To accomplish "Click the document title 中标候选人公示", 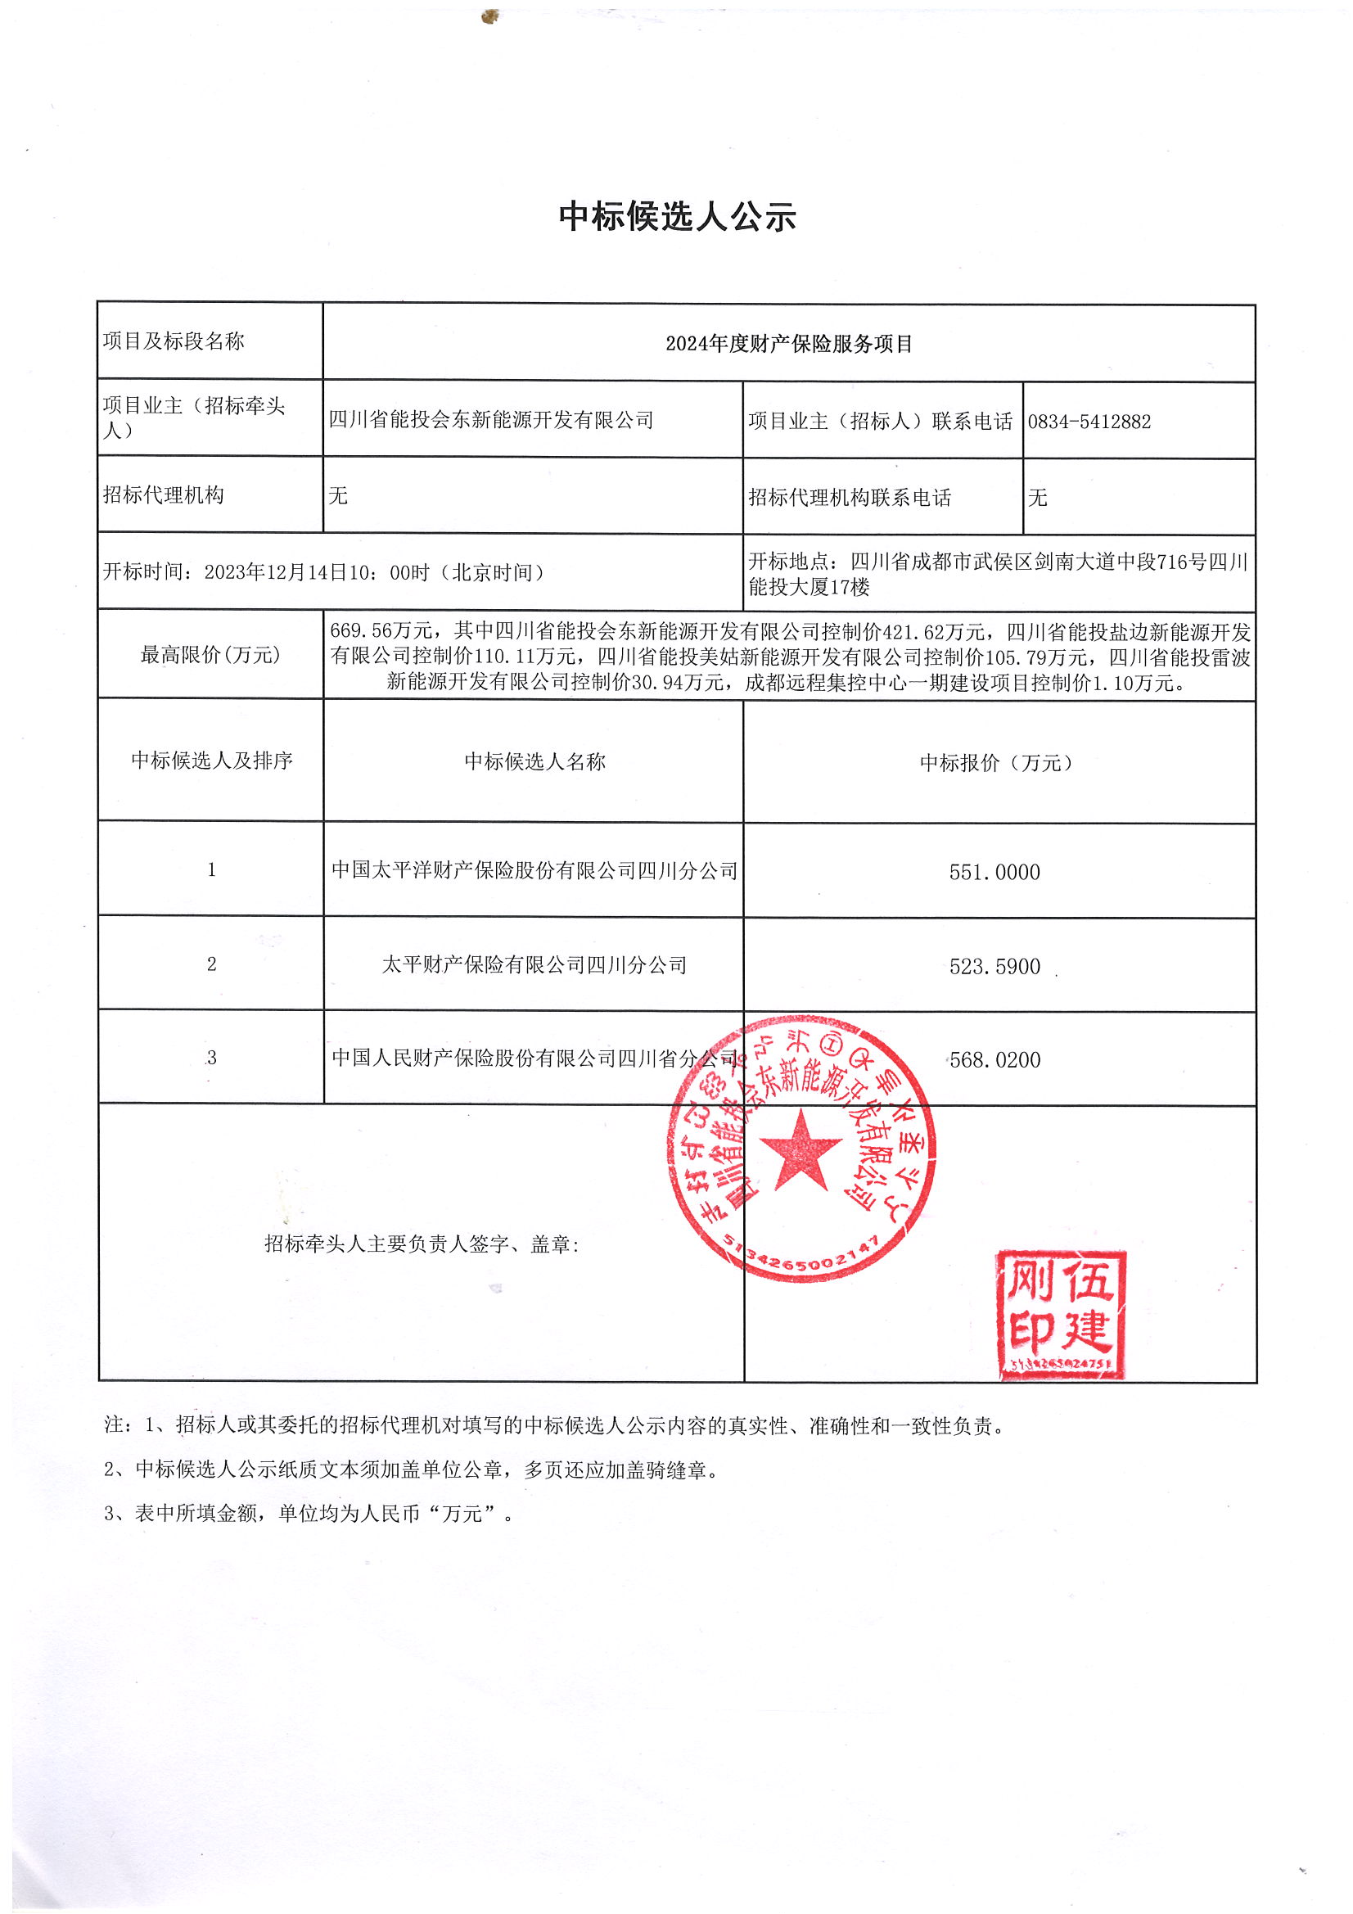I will click(x=677, y=217).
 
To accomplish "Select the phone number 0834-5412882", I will click(x=1089, y=422).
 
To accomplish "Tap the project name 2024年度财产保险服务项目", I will click(x=787, y=344).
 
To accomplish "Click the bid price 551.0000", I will click(x=994, y=873).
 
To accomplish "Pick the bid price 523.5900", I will click(x=994, y=967).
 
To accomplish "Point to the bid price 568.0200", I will click(x=995, y=1060).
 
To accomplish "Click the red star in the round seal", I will click(x=801, y=1150).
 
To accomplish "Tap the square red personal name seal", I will click(x=1062, y=1315).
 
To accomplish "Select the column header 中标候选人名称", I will click(x=534, y=761).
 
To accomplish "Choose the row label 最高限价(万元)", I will click(x=210, y=655).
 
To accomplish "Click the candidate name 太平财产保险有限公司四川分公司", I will click(x=534, y=965).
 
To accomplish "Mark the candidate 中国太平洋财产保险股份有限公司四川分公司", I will click(x=534, y=871).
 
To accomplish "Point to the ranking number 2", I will click(x=212, y=964).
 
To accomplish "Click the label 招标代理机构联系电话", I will click(x=850, y=498).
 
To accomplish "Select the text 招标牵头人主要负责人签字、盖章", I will click(x=421, y=1244).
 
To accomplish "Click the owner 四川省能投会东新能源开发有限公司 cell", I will click(x=491, y=420).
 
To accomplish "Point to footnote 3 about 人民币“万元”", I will click(x=309, y=1511).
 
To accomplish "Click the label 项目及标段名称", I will click(x=174, y=341).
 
